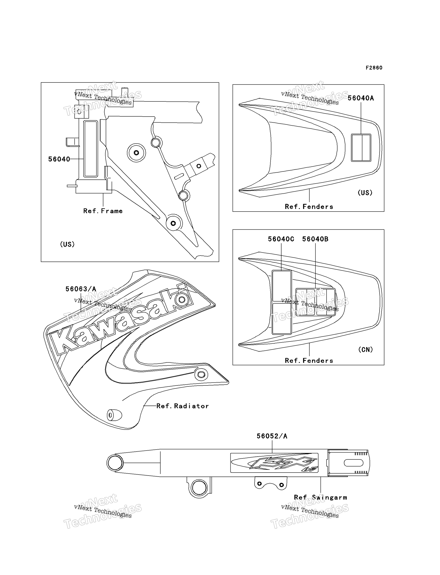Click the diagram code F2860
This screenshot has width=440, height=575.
click(x=374, y=68)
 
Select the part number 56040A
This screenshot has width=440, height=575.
click(x=361, y=98)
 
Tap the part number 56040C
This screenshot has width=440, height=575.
click(x=281, y=239)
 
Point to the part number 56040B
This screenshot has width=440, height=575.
click(x=315, y=239)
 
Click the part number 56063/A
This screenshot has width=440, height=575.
click(x=81, y=289)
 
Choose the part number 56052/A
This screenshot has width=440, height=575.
click(x=272, y=436)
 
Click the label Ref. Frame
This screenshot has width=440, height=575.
click(x=103, y=211)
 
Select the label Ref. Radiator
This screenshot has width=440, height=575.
click(x=182, y=406)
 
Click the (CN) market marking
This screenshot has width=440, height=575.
click(x=365, y=349)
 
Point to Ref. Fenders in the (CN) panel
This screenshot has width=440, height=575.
click(x=309, y=361)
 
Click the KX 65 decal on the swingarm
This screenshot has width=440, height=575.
click(x=274, y=463)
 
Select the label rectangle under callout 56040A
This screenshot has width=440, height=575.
click(x=361, y=148)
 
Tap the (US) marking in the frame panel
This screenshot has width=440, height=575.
click(x=67, y=244)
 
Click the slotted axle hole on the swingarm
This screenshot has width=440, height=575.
click(x=353, y=463)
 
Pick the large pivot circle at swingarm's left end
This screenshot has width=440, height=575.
click(x=115, y=463)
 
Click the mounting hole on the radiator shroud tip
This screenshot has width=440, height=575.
click(x=201, y=374)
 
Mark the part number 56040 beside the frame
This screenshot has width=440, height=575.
click(x=59, y=159)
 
